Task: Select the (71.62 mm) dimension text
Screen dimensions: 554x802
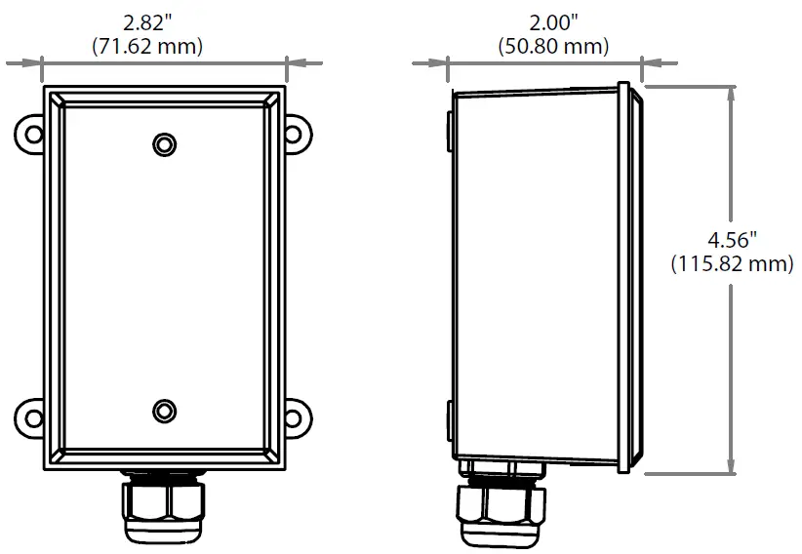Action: [x=163, y=46]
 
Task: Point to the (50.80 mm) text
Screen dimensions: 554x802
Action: [x=552, y=46]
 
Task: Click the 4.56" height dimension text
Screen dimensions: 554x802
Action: [x=732, y=240]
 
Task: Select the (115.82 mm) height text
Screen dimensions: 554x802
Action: [x=732, y=264]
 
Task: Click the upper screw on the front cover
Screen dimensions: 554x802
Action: [x=164, y=144]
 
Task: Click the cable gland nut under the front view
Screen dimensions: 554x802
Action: [x=164, y=505]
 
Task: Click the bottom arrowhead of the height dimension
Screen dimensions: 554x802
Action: [x=732, y=468]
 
